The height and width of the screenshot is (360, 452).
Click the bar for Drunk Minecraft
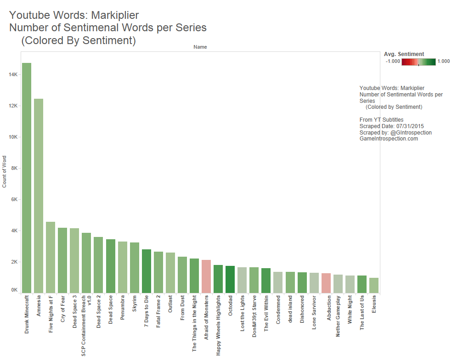point(27,178)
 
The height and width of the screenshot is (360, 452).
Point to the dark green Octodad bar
point(230,279)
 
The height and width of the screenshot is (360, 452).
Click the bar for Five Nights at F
point(51,258)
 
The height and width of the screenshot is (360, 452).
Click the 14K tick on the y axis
point(13,74)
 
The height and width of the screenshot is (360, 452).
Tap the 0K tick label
point(14,290)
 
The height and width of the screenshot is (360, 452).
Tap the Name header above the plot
point(200,47)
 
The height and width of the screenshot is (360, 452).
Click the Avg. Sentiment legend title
point(404,54)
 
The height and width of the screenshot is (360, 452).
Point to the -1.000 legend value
point(393,62)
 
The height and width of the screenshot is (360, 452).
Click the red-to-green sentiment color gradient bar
point(418,62)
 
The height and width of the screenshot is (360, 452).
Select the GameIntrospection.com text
point(389,138)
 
